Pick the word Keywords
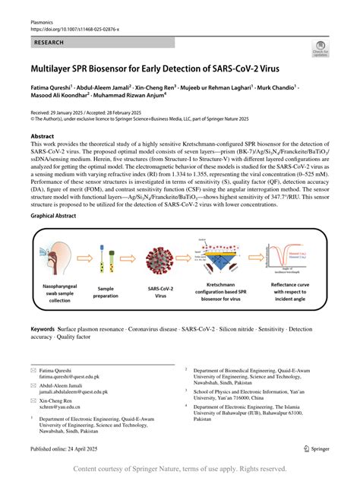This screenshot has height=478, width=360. (42, 331)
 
